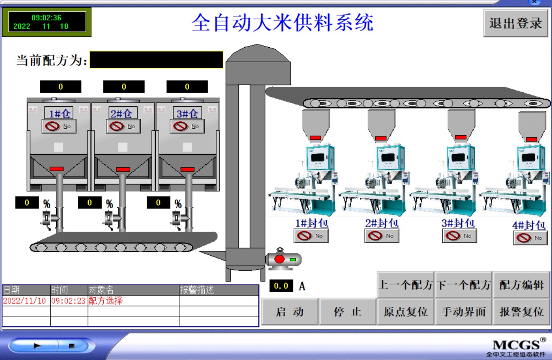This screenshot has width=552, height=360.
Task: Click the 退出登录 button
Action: point(516,23)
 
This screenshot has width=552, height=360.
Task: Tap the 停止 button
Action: point(347,312)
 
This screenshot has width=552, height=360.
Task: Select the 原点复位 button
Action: point(405,312)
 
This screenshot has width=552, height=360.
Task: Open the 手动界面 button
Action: point(464,312)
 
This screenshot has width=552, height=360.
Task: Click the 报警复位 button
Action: point(522,312)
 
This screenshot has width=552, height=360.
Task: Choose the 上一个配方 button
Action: point(405,284)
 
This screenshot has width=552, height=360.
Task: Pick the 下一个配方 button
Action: point(464,284)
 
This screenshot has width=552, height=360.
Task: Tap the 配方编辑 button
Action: point(522,284)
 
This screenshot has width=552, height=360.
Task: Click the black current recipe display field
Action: point(156,60)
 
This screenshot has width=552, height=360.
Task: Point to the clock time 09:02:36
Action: point(46,18)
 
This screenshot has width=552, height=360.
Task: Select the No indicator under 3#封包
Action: point(459,236)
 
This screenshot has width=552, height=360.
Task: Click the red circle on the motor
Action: point(279,259)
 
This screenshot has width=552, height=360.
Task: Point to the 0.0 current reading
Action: point(281,286)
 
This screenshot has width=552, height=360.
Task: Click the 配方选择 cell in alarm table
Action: point(106,301)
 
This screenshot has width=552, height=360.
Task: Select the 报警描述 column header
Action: point(197,290)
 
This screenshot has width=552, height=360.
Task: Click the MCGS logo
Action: point(516,345)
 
